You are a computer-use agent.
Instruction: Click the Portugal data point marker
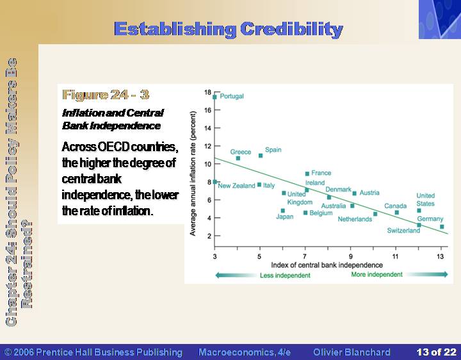tap(214, 97)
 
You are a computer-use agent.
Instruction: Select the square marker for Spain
tap(261, 156)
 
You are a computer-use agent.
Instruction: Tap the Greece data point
tap(238, 158)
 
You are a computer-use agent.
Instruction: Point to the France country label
tap(321, 173)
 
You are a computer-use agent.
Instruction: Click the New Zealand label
tap(236, 186)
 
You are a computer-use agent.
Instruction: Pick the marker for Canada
tap(396, 213)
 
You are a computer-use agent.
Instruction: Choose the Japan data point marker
tap(283, 211)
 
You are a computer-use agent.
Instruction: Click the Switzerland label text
tap(403, 231)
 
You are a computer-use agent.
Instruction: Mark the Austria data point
tap(355, 193)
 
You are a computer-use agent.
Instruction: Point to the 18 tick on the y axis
tap(207, 92)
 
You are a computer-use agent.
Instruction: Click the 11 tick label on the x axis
tap(395, 256)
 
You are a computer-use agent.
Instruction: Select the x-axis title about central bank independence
tap(327, 265)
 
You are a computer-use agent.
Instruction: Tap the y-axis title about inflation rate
tap(193, 174)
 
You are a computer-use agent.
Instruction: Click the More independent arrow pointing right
tap(427, 274)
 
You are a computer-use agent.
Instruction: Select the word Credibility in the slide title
tap(291, 29)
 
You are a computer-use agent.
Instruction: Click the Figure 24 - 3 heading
tap(106, 95)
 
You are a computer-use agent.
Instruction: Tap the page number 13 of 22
tap(436, 352)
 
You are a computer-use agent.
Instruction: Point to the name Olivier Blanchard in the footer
tap(352, 352)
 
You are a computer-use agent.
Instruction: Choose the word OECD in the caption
tap(113, 147)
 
